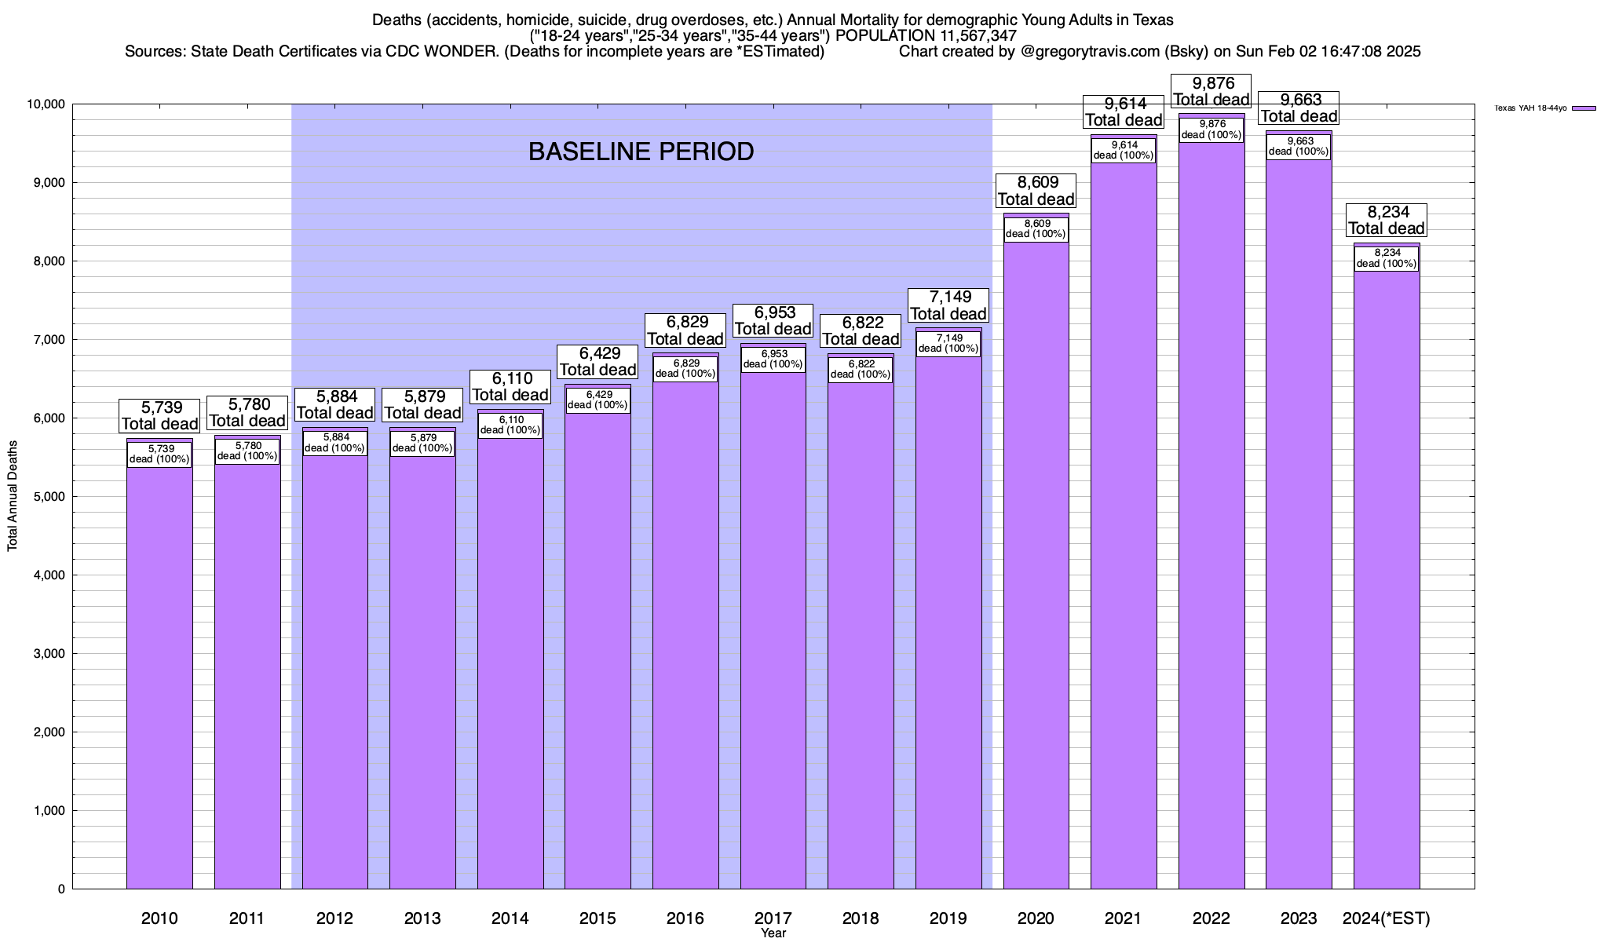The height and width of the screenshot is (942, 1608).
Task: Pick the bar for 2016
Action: point(685,628)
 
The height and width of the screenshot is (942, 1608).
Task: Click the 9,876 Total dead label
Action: point(1211,91)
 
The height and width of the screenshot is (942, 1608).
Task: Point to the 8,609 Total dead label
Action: point(1036,191)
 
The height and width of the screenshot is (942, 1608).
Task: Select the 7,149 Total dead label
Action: point(948,305)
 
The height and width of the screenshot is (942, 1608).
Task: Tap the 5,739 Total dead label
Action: point(159,415)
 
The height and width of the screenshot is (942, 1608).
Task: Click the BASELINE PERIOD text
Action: point(641,152)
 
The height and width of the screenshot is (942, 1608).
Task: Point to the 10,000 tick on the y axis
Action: point(47,104)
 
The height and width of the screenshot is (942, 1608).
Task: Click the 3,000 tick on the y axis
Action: point(49,654)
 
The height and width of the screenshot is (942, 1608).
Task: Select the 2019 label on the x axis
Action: point(948,918)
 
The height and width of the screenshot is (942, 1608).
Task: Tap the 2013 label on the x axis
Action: point(422,918)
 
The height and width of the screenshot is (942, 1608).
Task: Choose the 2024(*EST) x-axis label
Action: point(1387,918)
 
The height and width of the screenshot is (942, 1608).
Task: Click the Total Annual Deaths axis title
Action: point(13,496)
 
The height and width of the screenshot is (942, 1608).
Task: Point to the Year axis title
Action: point(773,933)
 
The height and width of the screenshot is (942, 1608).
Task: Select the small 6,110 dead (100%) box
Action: point(510,425)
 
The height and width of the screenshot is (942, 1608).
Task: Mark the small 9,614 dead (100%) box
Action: point(1124,150)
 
